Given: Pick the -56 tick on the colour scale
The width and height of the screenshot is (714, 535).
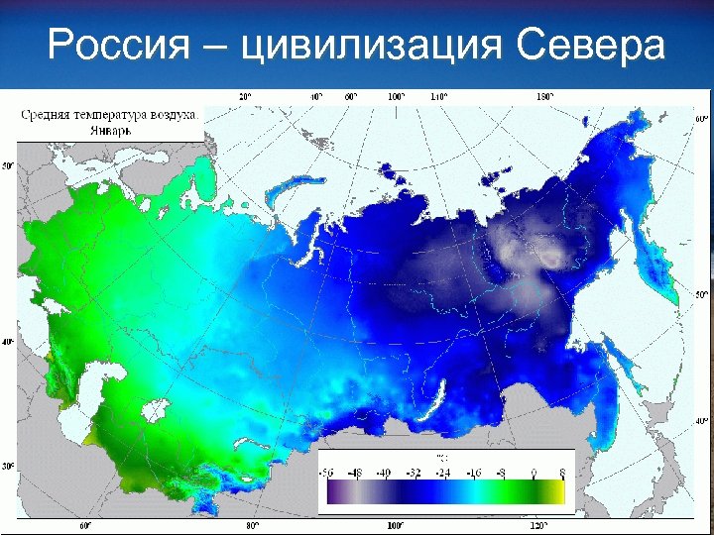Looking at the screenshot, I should (327, 473).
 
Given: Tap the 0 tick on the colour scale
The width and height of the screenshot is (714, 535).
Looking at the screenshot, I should (534, 473).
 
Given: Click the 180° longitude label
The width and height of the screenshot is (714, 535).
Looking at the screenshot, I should (544, 96).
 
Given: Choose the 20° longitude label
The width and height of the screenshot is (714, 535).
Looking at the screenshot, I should (245, 96).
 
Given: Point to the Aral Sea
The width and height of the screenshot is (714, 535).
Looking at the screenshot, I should (156, 409).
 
